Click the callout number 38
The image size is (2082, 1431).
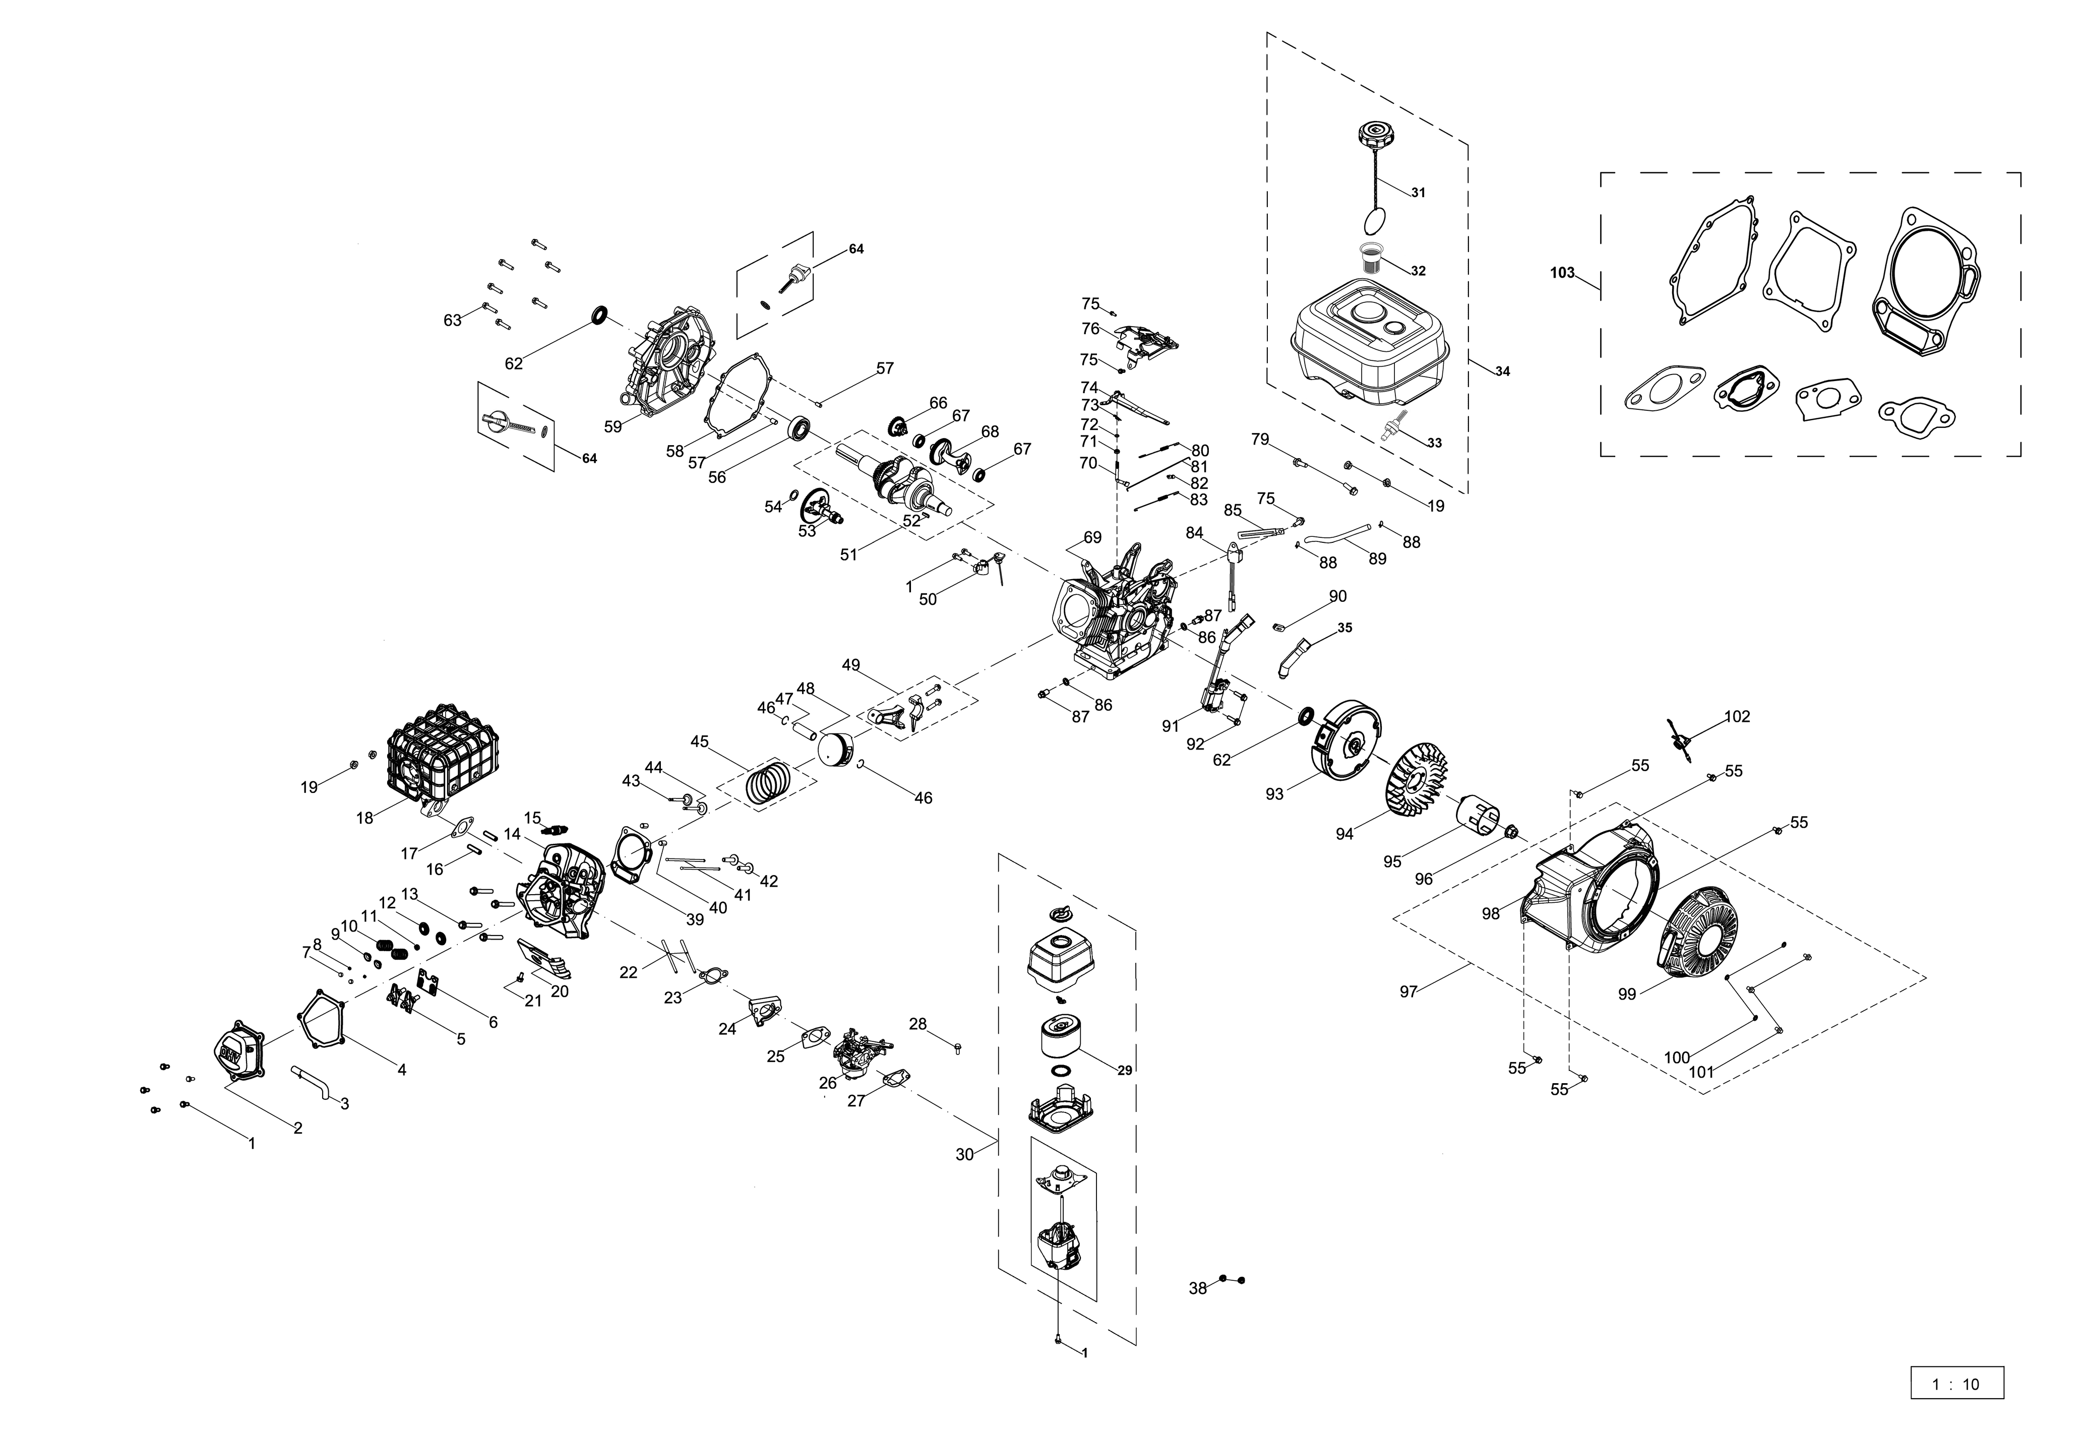(x=1198, y=1288)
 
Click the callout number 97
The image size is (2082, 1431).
(x=1409, y=991)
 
